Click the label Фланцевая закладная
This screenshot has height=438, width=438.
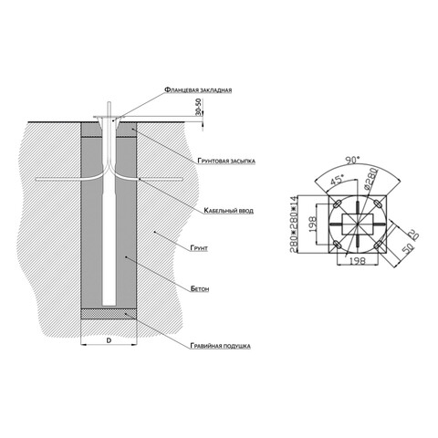point(198,90)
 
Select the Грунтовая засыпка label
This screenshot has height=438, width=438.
point(226,161)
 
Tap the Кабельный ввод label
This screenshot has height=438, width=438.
point(228,211)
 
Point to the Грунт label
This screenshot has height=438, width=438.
point(199,248)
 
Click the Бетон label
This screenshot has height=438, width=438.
point(200,288)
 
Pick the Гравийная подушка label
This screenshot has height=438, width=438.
point(221,346)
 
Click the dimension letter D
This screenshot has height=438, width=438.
point(109,340)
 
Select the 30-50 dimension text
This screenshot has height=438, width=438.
point(198,107)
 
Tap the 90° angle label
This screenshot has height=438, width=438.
point(352,160)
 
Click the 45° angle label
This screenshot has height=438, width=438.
point(337,181)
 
